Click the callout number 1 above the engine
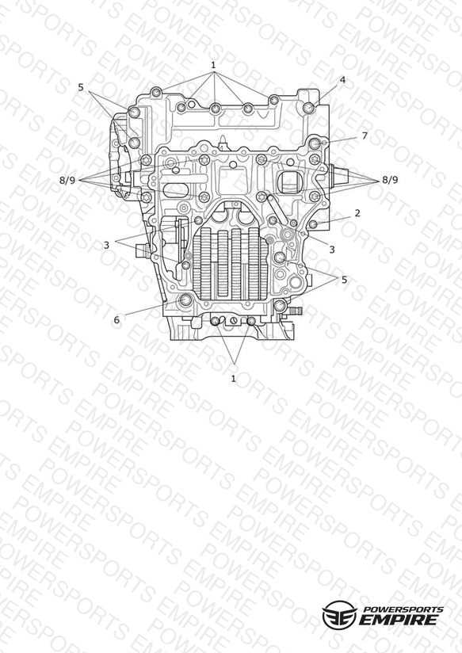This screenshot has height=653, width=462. [213, 65]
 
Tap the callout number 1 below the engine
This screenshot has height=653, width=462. [233, 379]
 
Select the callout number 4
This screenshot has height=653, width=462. [342, 80]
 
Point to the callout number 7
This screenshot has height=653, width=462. [365, 136]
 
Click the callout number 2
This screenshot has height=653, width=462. [357, 213]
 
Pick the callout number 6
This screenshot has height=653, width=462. [116, 320]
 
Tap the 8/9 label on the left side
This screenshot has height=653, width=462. [67, 181]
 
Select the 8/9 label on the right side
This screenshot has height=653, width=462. [390, 180]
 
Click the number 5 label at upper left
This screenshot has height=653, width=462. [81, 87]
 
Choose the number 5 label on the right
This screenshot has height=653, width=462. [344, 280]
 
